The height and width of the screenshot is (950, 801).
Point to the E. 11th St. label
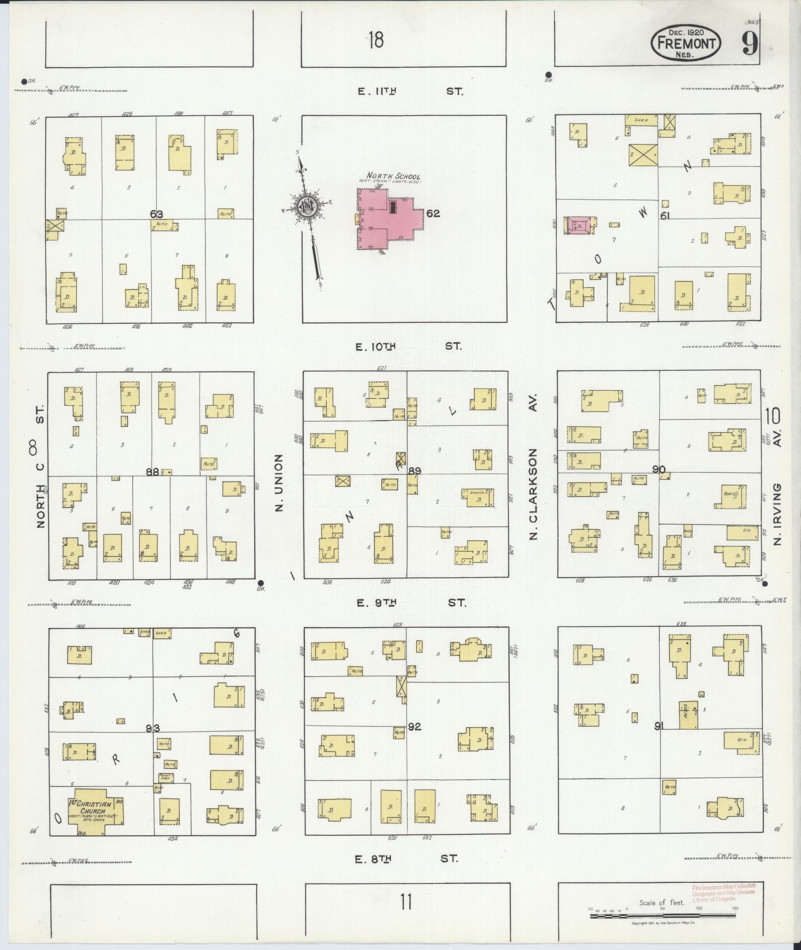(410, 91)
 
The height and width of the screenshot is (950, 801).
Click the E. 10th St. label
(408, 346)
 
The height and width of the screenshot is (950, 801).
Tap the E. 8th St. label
(406, 859)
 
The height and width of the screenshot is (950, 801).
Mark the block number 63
(157, 214)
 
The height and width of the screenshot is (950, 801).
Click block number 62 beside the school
(433, 214)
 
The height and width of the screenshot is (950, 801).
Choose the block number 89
(415, 470)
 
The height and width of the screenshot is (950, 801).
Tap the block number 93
(153, 728)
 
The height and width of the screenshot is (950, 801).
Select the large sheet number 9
(750, 44)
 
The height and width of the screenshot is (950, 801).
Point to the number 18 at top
(376, 40)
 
